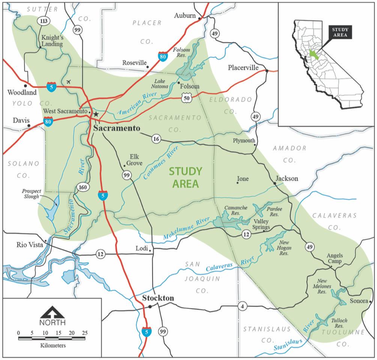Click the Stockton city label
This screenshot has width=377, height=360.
click(158, 298)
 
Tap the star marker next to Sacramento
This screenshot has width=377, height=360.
click(96, 114)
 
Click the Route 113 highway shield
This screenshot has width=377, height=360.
click(44, 21)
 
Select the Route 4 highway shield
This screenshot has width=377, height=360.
click(243, 307)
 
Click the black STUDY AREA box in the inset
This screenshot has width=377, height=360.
click(339, 33)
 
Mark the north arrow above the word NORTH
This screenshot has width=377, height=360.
click(53, 312)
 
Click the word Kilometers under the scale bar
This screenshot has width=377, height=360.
click(53, 345)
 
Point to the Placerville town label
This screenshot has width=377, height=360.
click(243, 68)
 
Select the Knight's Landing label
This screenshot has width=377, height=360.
click(52, 41)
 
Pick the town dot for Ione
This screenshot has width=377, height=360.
click(237, 183)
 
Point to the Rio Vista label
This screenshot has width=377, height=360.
click(30, 245)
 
